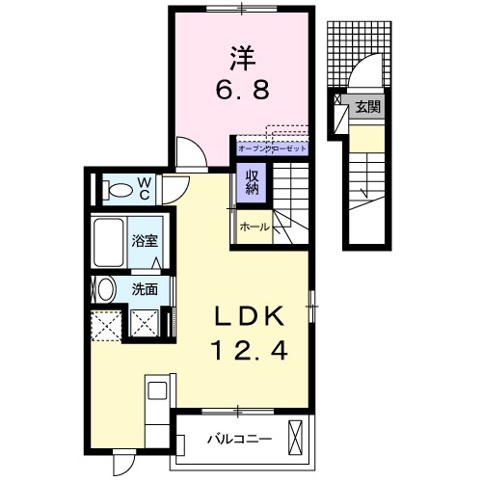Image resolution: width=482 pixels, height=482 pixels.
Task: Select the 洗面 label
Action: point(145,287)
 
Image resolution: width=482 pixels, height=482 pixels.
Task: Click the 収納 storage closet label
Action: point(250,181)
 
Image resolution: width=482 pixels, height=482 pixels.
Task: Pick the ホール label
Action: point(254,228)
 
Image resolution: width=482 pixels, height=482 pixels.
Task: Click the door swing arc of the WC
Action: point(175,187)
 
